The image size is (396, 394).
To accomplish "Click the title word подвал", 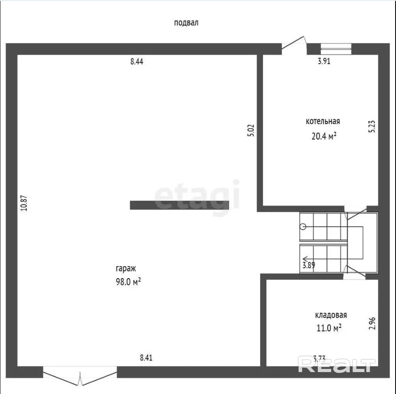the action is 186,23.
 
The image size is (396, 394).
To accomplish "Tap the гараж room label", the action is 126,268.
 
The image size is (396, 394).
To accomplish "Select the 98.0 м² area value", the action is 128,282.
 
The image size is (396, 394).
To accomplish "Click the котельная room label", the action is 323,121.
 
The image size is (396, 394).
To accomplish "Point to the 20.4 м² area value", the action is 324,136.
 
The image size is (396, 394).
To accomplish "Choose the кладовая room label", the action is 331,315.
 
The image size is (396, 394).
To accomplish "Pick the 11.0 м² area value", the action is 329,328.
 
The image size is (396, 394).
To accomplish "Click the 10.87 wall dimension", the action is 24,203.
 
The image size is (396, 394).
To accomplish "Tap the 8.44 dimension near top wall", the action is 137,61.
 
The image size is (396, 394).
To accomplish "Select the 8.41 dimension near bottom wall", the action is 146,358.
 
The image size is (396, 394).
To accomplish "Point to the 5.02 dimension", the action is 251,130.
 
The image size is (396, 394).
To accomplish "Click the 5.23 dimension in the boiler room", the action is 372,127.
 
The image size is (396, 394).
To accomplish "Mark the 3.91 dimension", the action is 324,61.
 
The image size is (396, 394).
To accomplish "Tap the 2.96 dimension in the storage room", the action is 372,323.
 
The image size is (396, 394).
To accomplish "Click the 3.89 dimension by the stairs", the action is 309,265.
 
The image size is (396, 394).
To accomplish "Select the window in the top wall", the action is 336,49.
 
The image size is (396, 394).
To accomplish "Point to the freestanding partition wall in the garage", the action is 179,205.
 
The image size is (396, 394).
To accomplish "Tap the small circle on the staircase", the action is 303,227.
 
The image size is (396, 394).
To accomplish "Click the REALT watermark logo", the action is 337,364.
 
